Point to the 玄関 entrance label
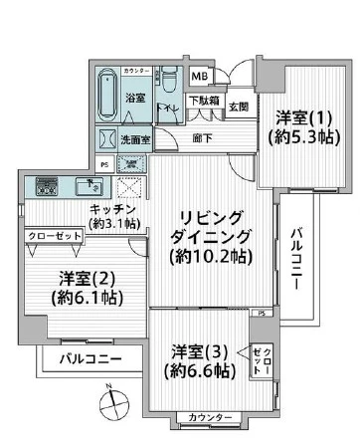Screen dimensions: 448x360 click(x=239, y=108)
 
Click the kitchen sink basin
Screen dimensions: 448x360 click(x=91, y=184)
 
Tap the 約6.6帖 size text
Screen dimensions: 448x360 click(x=202, y=371)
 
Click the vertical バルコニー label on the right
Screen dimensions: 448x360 click(x=296, y=256)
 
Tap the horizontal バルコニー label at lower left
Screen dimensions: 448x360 click(x=90, y=358)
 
